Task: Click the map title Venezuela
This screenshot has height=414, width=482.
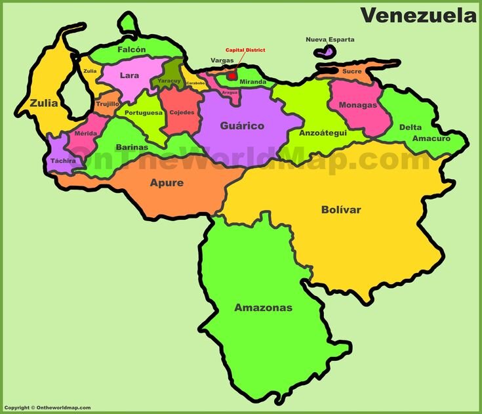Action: click(x=418, y=14)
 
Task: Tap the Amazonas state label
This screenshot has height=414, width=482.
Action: click(x=263, y=307)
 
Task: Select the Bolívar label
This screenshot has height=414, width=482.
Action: click(x=341, y=210)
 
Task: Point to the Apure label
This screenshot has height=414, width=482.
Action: click(x=167, y=183)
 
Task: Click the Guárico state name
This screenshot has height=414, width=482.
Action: click(x=242, y=125)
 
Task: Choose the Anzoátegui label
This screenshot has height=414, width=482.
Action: click(x=323, y=133)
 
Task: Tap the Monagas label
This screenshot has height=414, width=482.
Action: click(x=357, y=105)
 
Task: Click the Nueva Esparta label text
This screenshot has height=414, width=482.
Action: click(x=330, y=39)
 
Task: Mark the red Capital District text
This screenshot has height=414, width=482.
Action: click(x=245, y=50)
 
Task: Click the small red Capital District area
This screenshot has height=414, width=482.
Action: click(x=231, y=75)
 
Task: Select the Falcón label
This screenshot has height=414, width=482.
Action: click(x=131, y=49)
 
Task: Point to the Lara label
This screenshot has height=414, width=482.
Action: click(x=130, y=75)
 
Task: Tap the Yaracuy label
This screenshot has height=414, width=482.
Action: click(x=169, y=81)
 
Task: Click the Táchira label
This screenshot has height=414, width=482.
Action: click(x=63, y=160)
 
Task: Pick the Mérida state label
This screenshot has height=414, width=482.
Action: click(x=85, y=133)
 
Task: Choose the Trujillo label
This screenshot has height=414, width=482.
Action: click(x=107, y=104)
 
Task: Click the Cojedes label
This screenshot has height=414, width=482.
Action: click(x=182, y=112)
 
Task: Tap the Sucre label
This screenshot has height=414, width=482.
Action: click(x=351, y=71)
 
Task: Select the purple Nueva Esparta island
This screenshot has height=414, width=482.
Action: click(x=323, y=51)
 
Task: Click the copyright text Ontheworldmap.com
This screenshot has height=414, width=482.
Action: click(x=45, y=407)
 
